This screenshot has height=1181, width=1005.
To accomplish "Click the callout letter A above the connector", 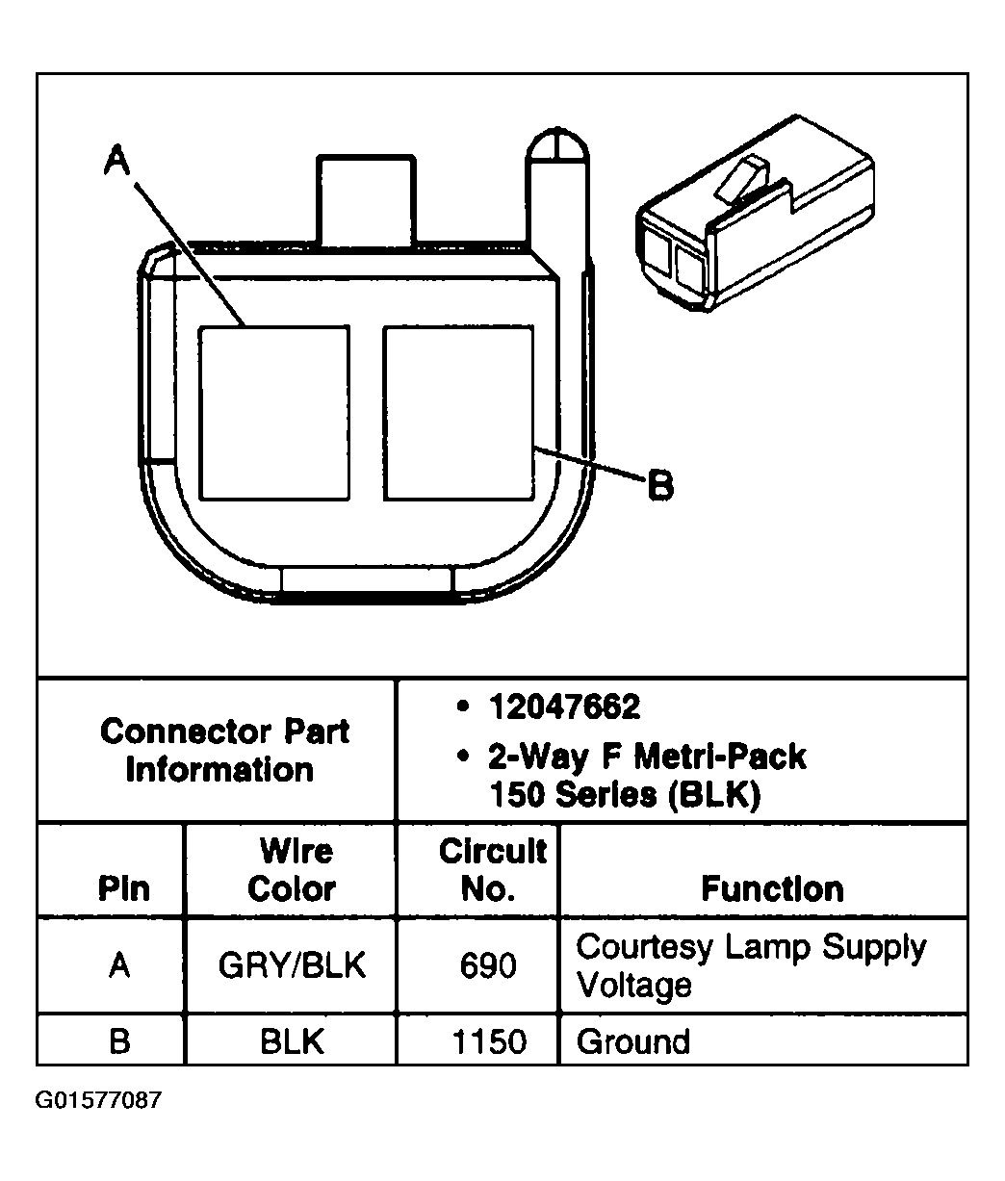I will pyautogui.click(x=116, y=161).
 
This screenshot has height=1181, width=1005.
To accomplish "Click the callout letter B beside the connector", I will pyautogui.click(x=659, y=484).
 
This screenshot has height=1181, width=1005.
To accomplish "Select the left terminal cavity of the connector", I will pyautogui.click(x=273, y=413).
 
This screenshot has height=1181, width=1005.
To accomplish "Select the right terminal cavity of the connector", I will pyautogui.click(x=458, y=413).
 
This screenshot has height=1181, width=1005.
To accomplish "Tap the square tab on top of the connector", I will pyautogui.click(x=366, y=200).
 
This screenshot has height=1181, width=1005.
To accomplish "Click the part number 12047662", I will pyautogui.click(x=563, y=708).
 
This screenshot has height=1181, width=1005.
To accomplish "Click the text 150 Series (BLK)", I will pyautogui.click(x=624, y=796).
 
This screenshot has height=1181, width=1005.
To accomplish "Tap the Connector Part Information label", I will pyautogui.click(x=223, y=751).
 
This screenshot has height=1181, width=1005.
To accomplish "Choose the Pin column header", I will pyautogui.click(x=123, y=887).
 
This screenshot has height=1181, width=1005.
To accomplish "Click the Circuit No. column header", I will pyautogui.click(x=492, y=869).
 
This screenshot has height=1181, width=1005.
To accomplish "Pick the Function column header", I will pyautogui.click(x=772, y=887).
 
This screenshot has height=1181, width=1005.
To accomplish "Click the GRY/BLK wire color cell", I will pyautogui.click(x=292, y=965).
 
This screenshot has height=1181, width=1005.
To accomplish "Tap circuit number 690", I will pyautogui.click(x=488, y=965).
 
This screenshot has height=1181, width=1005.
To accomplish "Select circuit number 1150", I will pyautogui.click(x=489, y=1041).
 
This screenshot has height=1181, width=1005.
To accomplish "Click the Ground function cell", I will pyautogui.click(x=632, y=1041).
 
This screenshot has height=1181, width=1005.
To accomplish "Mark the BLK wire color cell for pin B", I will pyautogui.click(x=292, y=1041).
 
